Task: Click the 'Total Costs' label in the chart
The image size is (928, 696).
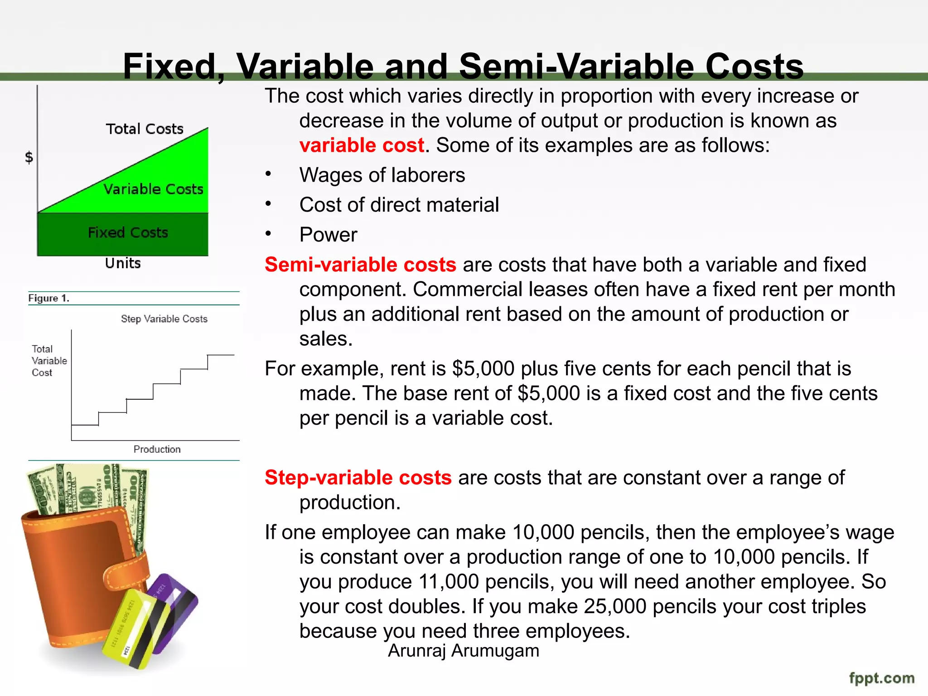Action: (x=145, y=129)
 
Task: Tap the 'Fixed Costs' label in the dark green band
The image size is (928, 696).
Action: (x=128, y=233)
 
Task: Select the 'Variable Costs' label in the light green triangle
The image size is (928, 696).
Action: (x=153, y=189)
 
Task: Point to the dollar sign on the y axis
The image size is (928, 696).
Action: (x=29, y=158)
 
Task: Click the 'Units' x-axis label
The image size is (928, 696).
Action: (x=123, y=263)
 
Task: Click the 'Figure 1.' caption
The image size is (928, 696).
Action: (x=48, y=298)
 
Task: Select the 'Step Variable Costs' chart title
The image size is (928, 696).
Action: (x=164, y=319)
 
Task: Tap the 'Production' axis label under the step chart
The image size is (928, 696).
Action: (x=157, y=449)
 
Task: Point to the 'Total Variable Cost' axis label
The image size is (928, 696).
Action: (x=49, y=361)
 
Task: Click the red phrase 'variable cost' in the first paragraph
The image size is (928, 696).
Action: (x=362, y=145)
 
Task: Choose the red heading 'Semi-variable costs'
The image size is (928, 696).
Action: (x=360, y=265)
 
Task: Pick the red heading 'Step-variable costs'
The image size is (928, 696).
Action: (x=358, y=478)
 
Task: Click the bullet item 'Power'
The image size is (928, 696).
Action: (x=328, y=235)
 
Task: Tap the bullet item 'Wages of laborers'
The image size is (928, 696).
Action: (x=382, y=175)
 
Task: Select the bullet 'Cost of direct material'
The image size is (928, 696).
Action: (x=399, y=205)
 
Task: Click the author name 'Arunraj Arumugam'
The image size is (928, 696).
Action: (x=464, y=651)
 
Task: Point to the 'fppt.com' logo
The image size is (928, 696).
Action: (x=881, y=678)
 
